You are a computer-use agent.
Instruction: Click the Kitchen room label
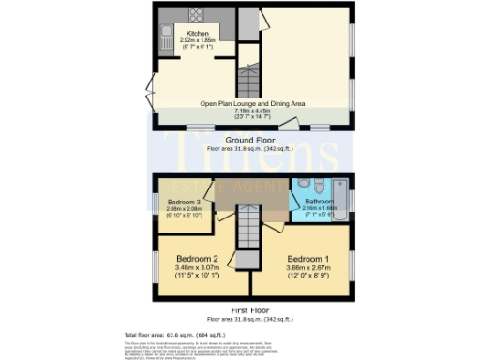tap(197, 34)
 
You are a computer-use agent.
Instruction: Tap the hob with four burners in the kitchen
tap(197, 15)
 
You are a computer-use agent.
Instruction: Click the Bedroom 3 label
tap(185, 202)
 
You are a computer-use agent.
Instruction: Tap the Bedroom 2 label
tap(198, 258)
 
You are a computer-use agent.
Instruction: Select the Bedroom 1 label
tap(308, 258)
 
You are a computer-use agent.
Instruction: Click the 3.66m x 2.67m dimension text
tap(308, 266)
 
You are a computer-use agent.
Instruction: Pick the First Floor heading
tap(249, 307)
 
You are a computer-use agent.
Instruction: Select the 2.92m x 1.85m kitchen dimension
tap(197, 41)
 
